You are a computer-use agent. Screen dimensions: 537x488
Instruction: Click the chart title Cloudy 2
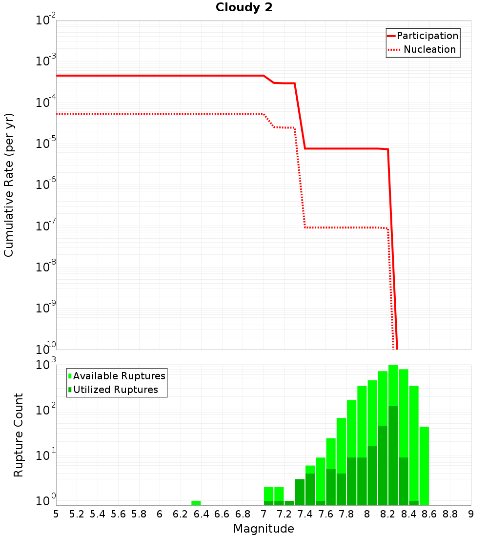point(244,7)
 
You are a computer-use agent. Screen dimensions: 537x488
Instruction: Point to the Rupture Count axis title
point(19,435)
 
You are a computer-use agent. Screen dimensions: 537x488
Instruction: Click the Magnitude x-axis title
point(264,529)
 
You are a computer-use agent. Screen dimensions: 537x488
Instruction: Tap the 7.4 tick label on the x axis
point(305,514)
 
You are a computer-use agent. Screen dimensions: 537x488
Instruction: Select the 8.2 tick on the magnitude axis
point(388,514)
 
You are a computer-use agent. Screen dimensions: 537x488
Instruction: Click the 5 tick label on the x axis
point(56,514)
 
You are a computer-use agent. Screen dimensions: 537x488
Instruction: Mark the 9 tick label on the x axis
point(471,514)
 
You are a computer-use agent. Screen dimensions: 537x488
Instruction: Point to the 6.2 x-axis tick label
point(181,514)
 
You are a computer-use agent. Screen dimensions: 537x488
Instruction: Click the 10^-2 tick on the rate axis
point(46,21)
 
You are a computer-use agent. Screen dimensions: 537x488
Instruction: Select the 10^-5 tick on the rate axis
point(46,144)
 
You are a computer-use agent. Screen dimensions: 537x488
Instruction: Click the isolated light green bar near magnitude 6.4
point(196,503)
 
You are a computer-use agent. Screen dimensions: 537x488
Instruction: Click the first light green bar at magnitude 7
point(268,494)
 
